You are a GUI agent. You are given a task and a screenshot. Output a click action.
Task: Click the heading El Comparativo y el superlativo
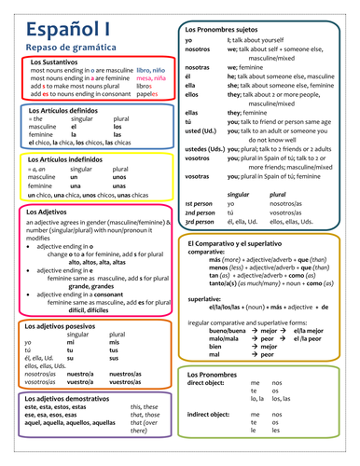pyautogui.click(x=249, y=242)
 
